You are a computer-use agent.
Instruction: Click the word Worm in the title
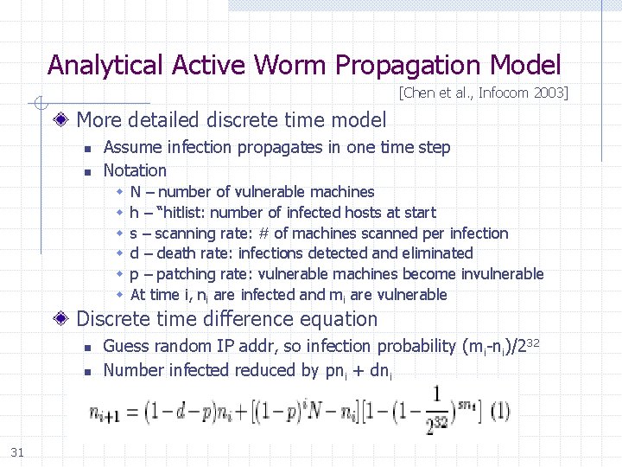pyautogui.click(x=288, y=65)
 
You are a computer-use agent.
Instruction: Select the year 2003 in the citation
pyautogui.click(x=545, y=93)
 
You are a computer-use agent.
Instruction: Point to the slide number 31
pyautogui.click(x=16, y=451)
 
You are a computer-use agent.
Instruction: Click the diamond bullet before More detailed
pyautogui.click(x=64, y=119)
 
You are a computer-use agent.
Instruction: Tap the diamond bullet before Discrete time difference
pyautogui.click(x=64, y=319)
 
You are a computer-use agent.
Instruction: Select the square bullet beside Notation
pyautogui.click(x=87, y=171)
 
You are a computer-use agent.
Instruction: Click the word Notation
pyautogui.click(x=135, y=170)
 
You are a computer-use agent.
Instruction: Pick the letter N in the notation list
pyautogui.click(x=136, y=192)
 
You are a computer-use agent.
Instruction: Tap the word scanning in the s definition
pyautogui.click(x=186, y=233)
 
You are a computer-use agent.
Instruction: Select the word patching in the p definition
pyautogui.click(x=184, y=274)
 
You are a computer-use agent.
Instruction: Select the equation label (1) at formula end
pyautogui.click(x=498, y=410)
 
